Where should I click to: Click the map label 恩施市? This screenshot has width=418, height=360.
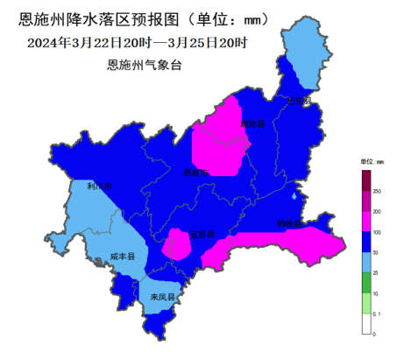tap(195, 173)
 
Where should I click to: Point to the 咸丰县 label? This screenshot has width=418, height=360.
tap(123, 258)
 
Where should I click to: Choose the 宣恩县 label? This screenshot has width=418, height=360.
tap(202, 234)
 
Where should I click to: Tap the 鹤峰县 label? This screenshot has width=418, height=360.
tap(288, 223)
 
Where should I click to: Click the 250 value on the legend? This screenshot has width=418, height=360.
tap(378, 190)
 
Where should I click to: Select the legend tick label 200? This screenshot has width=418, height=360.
tap(378, 211)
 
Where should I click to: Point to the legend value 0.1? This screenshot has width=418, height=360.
tap(378, 314)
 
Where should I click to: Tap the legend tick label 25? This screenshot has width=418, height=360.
tap(377, 272)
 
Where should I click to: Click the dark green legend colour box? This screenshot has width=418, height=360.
tap(366, 283)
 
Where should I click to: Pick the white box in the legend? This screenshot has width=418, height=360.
tap(366, 323)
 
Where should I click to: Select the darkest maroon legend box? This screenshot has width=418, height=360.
tap(366, 180)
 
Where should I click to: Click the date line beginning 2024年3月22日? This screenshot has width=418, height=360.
tap(138, 42)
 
